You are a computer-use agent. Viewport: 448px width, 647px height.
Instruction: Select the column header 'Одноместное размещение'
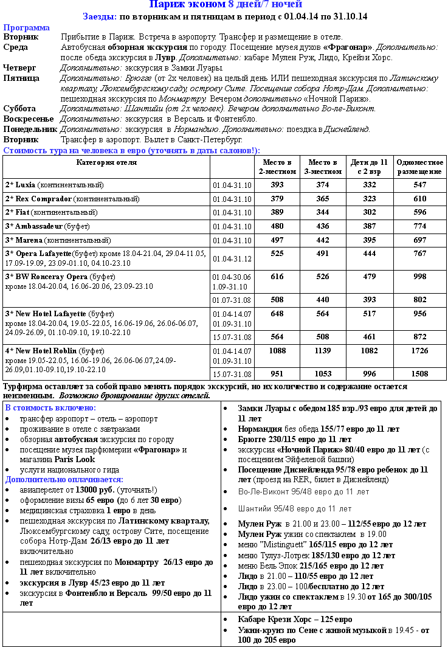(419, 167)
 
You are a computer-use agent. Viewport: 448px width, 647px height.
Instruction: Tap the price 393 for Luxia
(277, 185)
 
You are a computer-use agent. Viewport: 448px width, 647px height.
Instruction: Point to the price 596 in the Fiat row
(419, 212)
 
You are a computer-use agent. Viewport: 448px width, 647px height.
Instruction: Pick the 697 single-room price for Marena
(419, 240)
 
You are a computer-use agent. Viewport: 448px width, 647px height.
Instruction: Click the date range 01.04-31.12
(232, 259)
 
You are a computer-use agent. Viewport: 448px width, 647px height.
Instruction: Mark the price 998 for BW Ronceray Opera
(419, 277)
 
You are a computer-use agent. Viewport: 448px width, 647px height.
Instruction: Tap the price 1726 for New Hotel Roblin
(419, 351)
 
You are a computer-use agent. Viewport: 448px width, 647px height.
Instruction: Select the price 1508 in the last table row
(419, 374)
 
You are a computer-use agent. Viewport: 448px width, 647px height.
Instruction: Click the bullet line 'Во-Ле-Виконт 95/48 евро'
(303, 491)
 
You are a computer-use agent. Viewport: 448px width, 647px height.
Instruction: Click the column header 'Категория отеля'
(106, 162)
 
